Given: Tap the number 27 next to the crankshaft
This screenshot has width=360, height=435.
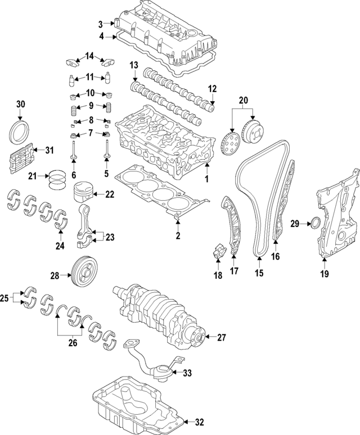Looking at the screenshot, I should (221, 338).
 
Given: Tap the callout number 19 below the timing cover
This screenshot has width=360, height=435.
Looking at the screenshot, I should (324, 274).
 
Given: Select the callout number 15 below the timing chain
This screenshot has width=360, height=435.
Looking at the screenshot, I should (259, 274).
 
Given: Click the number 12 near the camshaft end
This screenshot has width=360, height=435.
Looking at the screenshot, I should (212, 89).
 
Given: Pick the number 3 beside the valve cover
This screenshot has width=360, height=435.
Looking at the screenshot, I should (101, 24).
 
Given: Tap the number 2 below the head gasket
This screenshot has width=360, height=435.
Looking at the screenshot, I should (177, 236).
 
